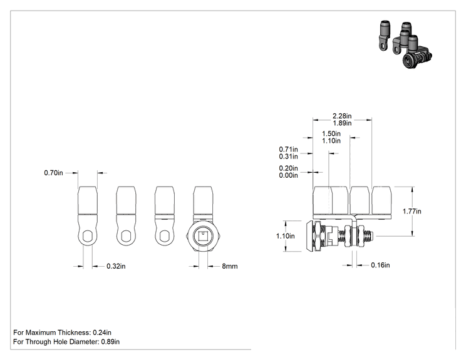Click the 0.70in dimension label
pos(53,173)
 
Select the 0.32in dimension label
pos(116,266)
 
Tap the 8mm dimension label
pos(230,266)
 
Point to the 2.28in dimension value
pos(342,116)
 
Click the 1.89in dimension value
pos(342,123)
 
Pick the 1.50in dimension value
pos(331,133)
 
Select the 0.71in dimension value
pos(288,150)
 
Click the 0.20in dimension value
pos(288,168)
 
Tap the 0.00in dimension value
pos(288,175)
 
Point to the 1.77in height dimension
pos(412,211)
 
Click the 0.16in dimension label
pos(380,265)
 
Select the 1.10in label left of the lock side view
pos(286,236)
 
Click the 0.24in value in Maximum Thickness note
pos(102,332)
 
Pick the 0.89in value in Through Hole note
pos(110,342)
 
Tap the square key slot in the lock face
pos(203,237)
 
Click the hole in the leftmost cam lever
pos(88,237)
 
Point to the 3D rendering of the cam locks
pos(405,44)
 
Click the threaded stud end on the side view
pos(370,236)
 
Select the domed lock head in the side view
pos(309,236)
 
